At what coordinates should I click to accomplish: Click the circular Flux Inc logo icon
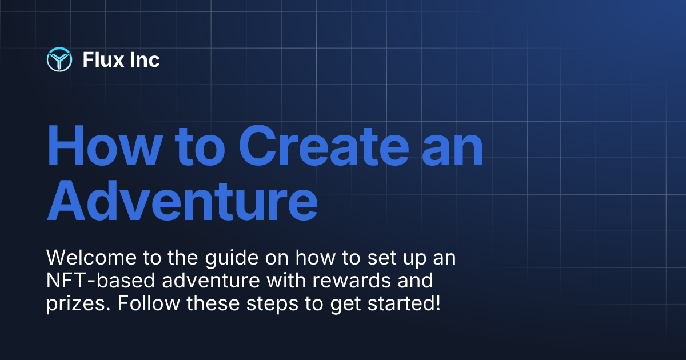59,59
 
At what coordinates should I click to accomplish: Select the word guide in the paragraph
226,258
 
